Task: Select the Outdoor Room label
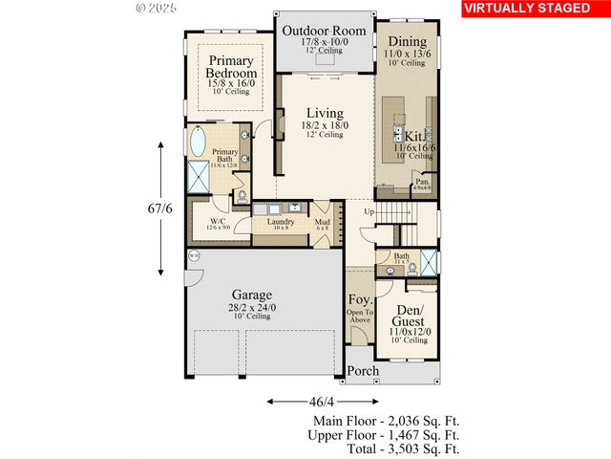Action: pyautogui.click(x=324, y=31)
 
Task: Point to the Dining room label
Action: pyautogui.click(x=407, y=42)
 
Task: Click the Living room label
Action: pyautogui.click(x=324, y=114)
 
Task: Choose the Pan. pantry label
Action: pyautogui.click(x=421, y=181)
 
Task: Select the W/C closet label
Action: pyautogui.click(x=217, y=222)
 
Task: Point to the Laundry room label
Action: pyautogui.click(x=280, y=222)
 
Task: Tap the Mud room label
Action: pyautogui.click(x=323, y=222)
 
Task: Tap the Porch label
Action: pyautogui.click(x=362, y=371)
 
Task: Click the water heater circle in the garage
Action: pyautogui.click(x=194, y=255)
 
